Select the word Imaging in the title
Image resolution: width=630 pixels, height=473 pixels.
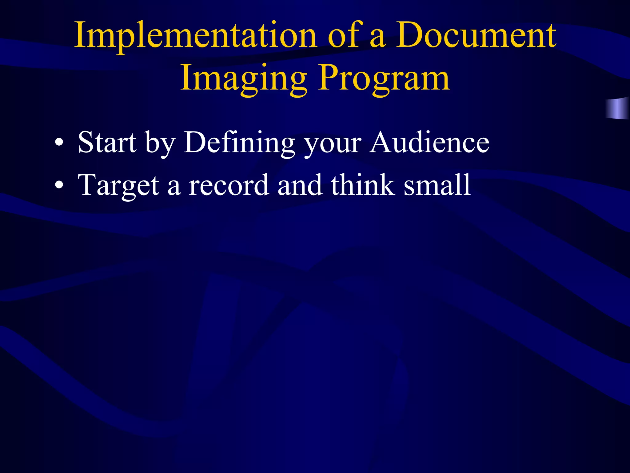click(x=244, y=79)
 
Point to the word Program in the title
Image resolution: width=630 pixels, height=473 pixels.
click(x=384, y=79)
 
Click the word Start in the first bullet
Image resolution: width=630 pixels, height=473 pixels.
click(x=107, y=142)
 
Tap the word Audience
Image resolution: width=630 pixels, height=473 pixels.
click(x=429, y=142)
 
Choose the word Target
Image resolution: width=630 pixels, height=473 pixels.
click(x=118, y=186)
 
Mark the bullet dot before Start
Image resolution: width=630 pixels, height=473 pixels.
click(x=59, y=143)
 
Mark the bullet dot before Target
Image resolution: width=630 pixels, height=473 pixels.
click(x=59, y=186)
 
